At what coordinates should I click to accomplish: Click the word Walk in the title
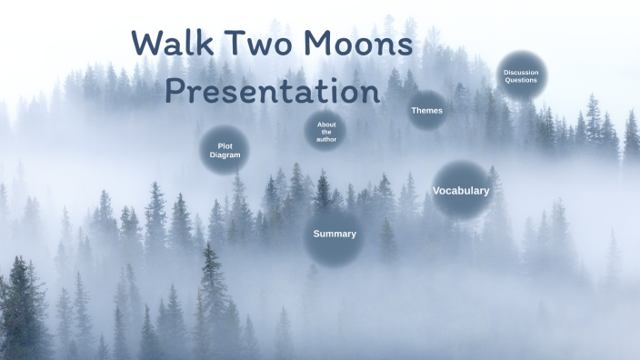click(x=172, y=44)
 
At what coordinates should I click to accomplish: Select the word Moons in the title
click(x=358, y=44)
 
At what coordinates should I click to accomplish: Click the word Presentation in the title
click(x=272, y=91)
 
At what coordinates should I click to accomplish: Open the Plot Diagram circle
click(x=225, y=150)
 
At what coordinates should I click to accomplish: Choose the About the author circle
click(x=325, y=132)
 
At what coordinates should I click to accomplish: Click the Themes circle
click(x=426, y=111)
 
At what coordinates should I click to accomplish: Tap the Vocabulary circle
click(x=461, y=191)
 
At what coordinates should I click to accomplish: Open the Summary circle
click(x=335, y=235)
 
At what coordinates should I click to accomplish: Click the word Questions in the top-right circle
click(x=521, y=80)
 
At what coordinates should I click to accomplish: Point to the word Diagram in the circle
click(x=225, y=155)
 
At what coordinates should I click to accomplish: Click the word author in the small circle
click(x=325, y=140)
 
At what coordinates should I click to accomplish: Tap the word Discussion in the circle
click(x=521, y=72)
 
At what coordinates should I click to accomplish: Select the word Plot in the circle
click(x=225, y=145)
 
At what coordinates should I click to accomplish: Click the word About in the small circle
click(x=326, y=125)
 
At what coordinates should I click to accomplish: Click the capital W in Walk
click(x=148, y=44)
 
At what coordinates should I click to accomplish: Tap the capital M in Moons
click(x=319, y=44)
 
